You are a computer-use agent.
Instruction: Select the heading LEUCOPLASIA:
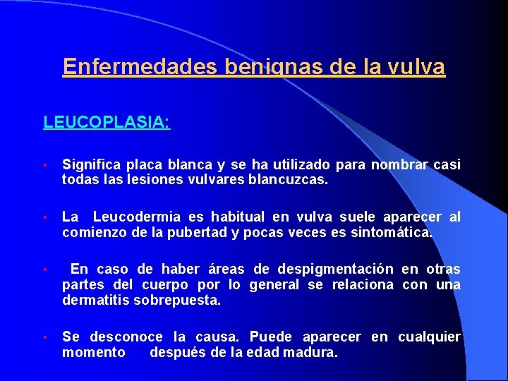point(107,122)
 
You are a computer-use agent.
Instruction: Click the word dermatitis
point(91,300)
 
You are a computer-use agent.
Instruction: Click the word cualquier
point(429,337)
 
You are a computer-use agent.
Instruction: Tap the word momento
point(94,351)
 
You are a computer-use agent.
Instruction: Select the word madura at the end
point(312,351)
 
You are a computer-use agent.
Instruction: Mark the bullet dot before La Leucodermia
point(44,217)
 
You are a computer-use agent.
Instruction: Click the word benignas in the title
point(272,67)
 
